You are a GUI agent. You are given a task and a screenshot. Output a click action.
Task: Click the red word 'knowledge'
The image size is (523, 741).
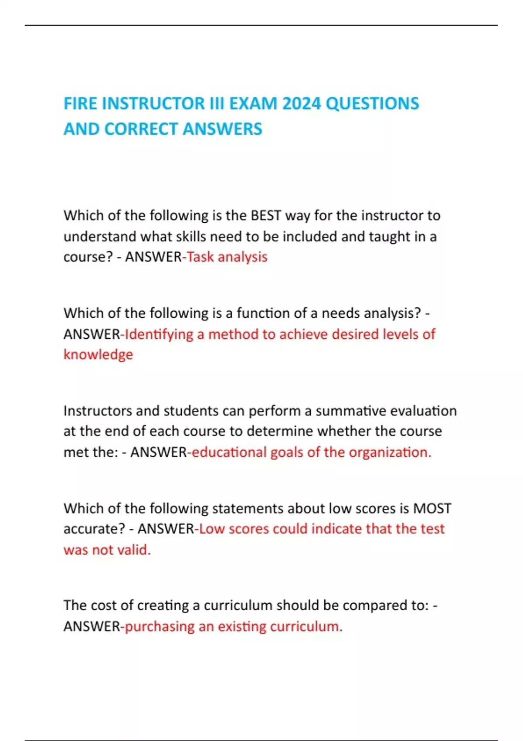pyautogui.click(x=98, y=354)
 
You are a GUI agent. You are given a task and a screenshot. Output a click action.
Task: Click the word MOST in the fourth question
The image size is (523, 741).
pyautogui.click(x=432, y=508)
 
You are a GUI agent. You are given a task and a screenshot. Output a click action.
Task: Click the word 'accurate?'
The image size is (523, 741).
pyautogui.click(x=94, y=529)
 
